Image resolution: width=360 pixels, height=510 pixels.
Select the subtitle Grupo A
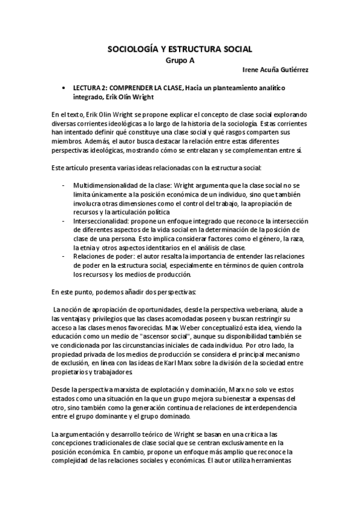click(180, 60)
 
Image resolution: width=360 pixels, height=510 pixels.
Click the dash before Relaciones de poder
click(64, 257)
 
